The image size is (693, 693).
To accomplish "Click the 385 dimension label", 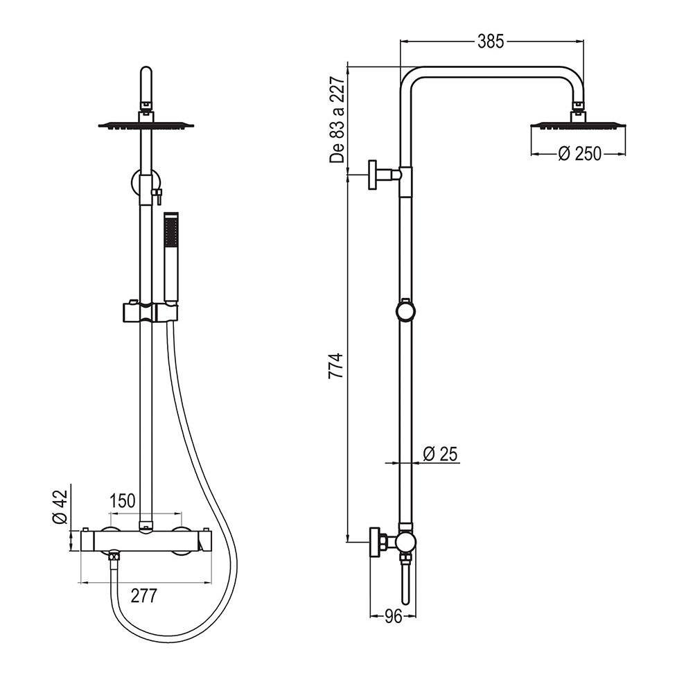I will (x=491, y=42).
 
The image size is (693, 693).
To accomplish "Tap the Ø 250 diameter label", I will (x=579, y=154).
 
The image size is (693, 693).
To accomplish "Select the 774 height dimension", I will (x=335, y=366).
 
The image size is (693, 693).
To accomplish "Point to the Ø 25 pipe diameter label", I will (x=440, y=455).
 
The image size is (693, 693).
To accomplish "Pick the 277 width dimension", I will (x=143, y=595).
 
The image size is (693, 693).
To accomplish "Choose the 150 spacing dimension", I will (x=123, y=502).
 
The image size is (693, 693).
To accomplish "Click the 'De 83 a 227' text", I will (x=337, y=120).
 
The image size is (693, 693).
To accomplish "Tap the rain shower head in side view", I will (x=578, y=125).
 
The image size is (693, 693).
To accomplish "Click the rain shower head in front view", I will (x=146, y=125).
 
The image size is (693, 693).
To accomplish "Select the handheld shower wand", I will (x=170, y=256).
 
